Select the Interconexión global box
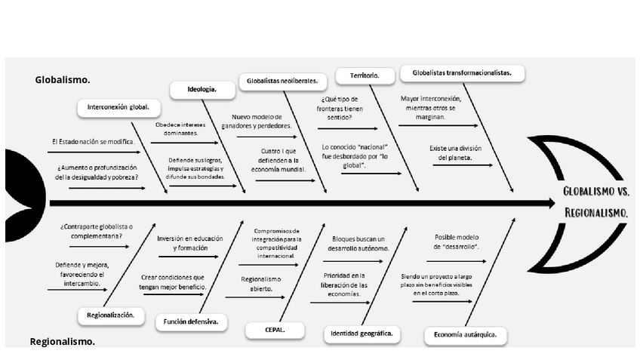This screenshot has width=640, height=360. [x=123, y=107]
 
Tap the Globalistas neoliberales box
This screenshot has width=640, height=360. [x=282, y=81]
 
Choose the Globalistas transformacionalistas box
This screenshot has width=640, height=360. [x=462, y=73]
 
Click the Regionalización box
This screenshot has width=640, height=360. [x=110, y=315]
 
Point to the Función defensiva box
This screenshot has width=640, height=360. [x=191, y=322]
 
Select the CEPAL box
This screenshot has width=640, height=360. [x=264, y=329]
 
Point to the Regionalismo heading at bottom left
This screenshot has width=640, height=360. [x=63, y=342]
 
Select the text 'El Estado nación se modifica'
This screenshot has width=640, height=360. [x=93, y=142]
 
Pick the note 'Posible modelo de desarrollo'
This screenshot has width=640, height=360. [x=458, y=242]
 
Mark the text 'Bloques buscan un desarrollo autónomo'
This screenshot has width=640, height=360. [x=359, y=243]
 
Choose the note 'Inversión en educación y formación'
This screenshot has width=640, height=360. [x=189, y=243]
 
